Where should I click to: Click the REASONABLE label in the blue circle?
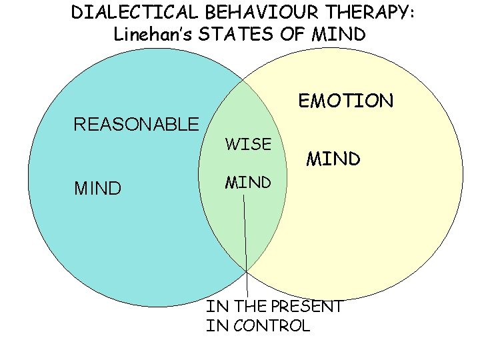click(136, 124)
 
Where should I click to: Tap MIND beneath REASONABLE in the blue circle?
click(97, 189)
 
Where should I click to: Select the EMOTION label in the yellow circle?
click(346, 101)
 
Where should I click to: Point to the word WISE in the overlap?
click(248, 144)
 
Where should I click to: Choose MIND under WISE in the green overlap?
click(248, 181)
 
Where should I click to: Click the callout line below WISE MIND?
click(245, 240)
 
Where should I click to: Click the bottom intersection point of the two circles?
click(247, 271)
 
